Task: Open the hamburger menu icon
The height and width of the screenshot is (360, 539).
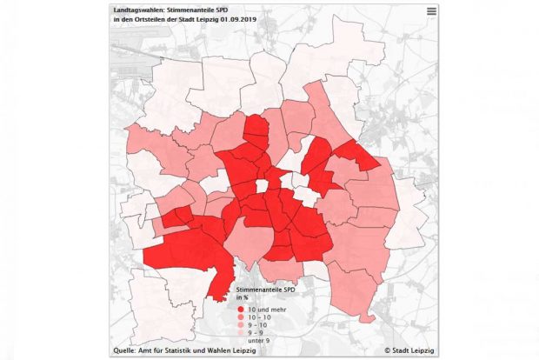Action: [431, 10]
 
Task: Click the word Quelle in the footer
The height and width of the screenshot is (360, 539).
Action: [123, 351]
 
